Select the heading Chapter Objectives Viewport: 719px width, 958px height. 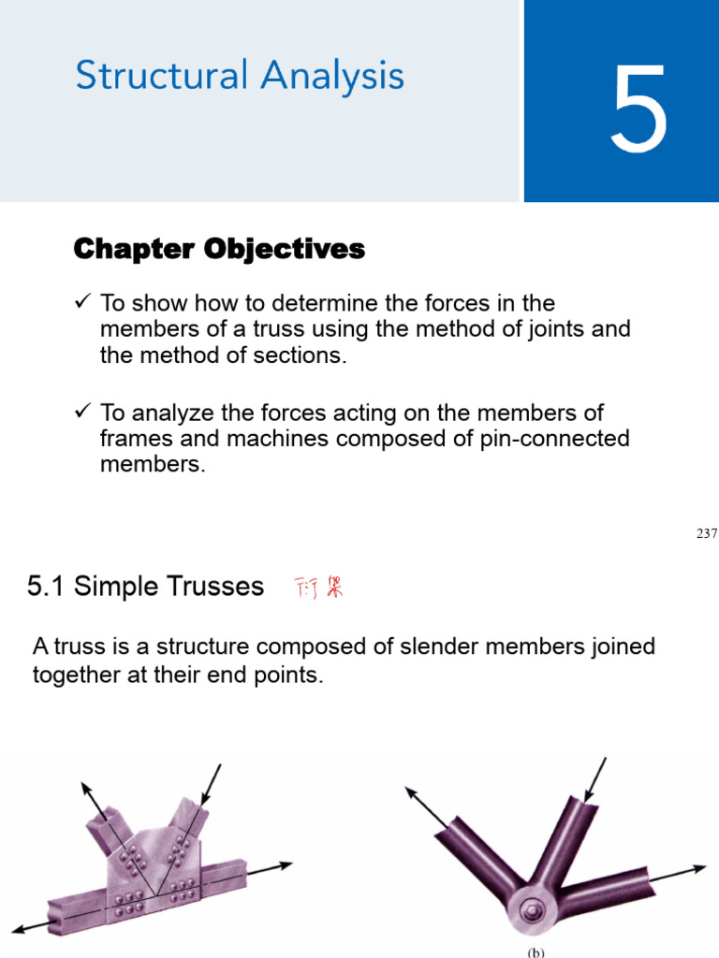pos(219,249)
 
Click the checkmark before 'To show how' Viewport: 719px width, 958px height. pos(81,302)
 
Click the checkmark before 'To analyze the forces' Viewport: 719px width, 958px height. pos(81,411)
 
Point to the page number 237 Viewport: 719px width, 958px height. pos(706,533)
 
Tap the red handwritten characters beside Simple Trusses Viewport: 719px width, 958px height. pos(319,588)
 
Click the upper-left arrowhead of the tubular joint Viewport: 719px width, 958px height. pos(411,792)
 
